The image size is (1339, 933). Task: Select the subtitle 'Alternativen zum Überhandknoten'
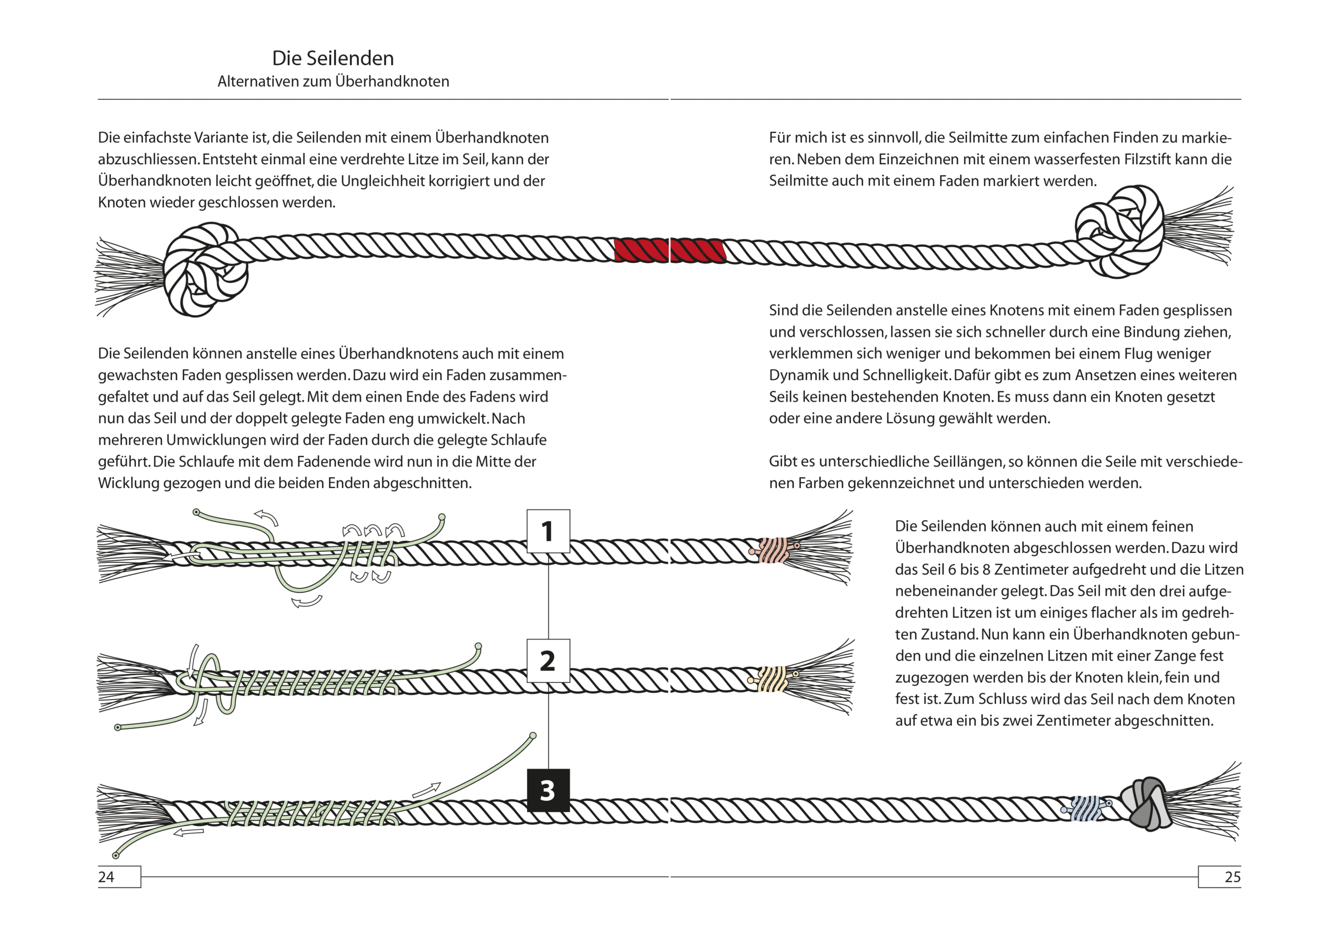click(333, 81)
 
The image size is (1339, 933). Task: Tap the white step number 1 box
click(548, 531)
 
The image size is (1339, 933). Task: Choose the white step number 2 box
click(548, 661)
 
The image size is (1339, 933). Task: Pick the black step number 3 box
click(548, 790)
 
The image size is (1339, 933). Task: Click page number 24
click(107, 877)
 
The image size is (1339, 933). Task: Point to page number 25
click(1232, 877)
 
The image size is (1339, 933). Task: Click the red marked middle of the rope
click(669, 250)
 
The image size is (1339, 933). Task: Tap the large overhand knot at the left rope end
click(204, 269)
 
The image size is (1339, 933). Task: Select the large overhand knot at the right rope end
click(1119, 232)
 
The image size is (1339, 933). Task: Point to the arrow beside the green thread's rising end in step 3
click(426, 790)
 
